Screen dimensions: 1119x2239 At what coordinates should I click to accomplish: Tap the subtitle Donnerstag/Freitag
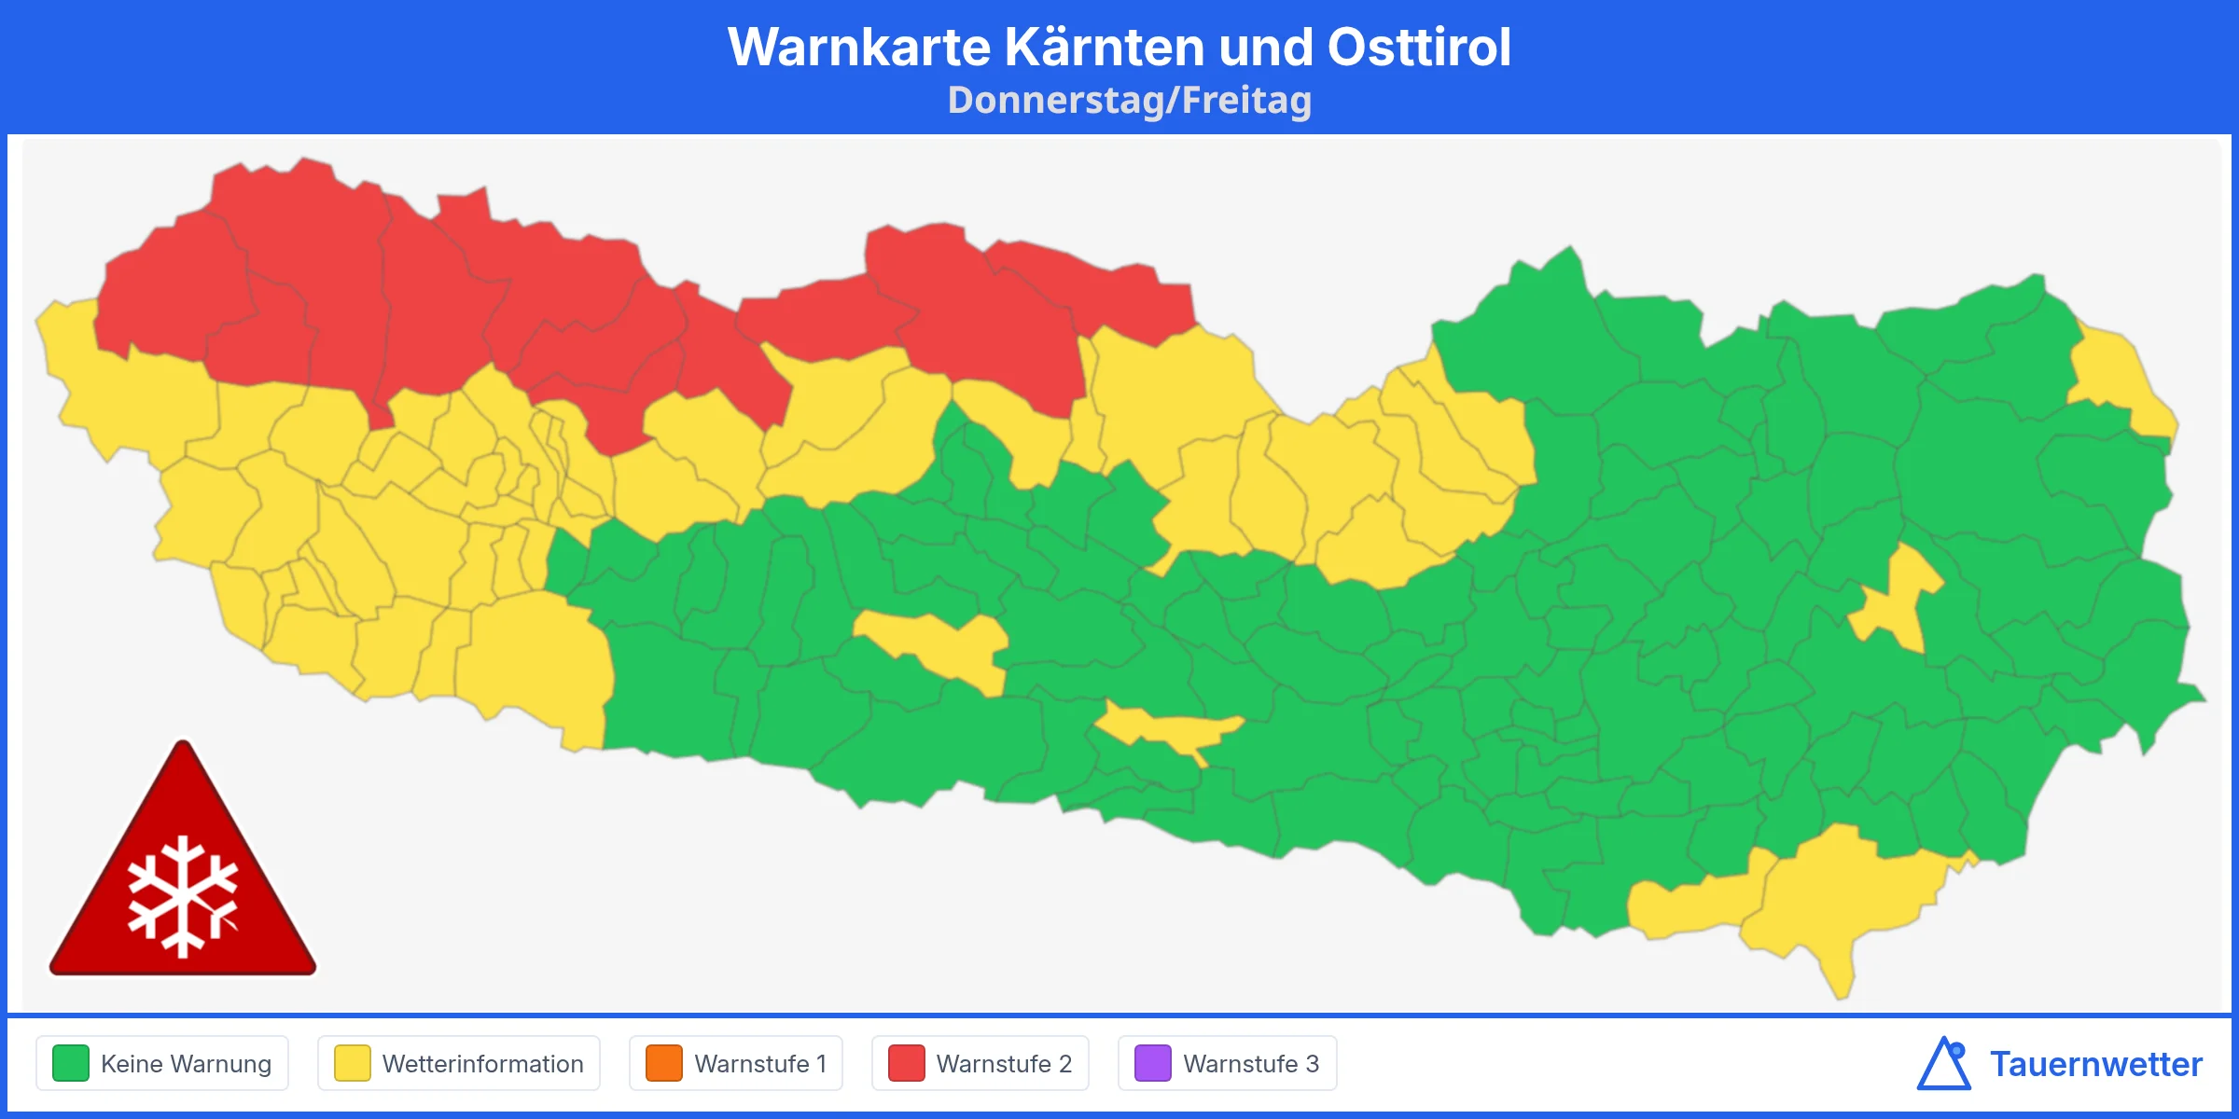[1129, 101]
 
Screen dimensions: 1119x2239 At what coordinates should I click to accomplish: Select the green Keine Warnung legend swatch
[71, 1063]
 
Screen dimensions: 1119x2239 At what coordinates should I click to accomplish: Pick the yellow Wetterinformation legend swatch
[353, 1063]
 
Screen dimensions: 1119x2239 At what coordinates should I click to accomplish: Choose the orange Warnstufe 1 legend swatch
[664, 1063]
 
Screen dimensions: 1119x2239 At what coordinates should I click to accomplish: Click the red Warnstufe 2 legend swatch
[906, 1063]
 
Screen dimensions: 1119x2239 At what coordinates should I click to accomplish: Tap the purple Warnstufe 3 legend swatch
[1153, 1063]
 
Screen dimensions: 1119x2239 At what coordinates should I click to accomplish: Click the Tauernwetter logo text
[2095, 1064]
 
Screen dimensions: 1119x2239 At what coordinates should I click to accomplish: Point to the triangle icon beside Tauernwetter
[1944, 1064]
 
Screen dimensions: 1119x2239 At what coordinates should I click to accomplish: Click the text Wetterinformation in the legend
[482, 1064]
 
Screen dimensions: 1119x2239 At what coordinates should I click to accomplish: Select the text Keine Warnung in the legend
[186, 1064]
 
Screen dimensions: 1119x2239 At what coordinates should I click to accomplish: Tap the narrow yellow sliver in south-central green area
[1166, 727]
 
